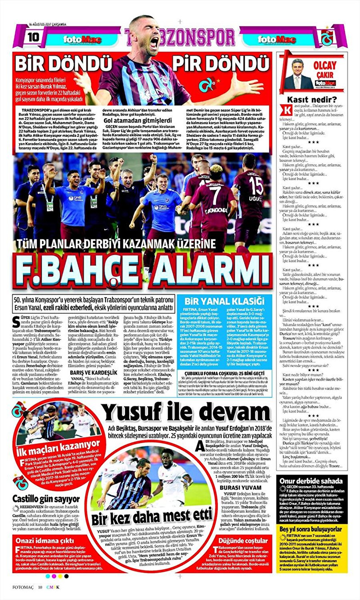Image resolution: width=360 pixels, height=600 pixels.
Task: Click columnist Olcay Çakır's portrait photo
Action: [x=296, y=74]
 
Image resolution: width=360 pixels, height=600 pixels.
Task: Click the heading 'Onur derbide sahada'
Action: [x=311, y=481]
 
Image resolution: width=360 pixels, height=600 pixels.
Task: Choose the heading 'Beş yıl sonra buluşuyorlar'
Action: [x=311, y=529]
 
